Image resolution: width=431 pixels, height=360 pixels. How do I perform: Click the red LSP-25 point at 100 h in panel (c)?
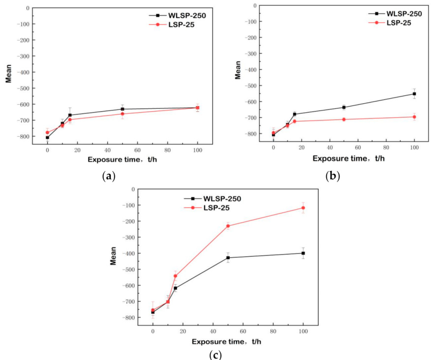click(303, 208)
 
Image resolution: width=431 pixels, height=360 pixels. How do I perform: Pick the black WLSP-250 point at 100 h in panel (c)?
click(303, 253)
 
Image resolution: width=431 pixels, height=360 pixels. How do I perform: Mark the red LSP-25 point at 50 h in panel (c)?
click(228, 226)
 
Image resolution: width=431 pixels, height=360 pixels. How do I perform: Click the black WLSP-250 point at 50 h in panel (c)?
click(228, 258)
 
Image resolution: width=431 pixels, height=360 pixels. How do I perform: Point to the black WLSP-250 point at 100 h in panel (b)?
click(414, 94)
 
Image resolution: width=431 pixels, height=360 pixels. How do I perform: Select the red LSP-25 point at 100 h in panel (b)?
click(414, 117)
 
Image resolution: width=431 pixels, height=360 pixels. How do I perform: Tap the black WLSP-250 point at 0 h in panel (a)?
click(47, 138)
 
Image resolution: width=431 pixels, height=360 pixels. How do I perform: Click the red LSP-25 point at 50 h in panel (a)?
click(123, 114)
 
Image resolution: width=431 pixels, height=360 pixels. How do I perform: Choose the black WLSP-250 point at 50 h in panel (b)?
click(344, 107)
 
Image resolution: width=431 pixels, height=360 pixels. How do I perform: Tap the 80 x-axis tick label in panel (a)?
click(167, 150)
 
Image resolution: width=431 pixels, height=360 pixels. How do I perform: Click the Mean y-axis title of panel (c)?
click(113, 256)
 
